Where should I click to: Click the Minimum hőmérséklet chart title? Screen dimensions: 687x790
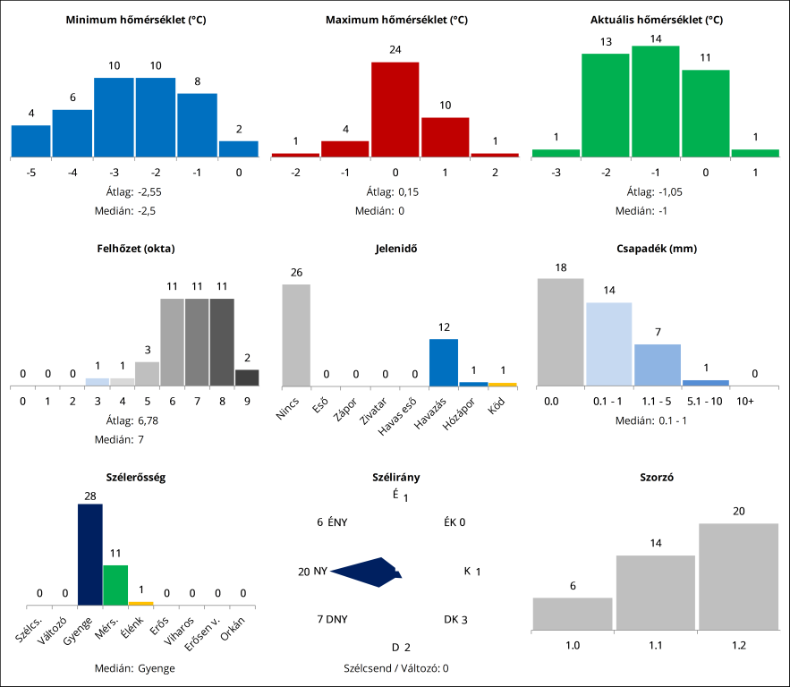[x=136, y=19]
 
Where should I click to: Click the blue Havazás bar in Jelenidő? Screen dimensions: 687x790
[x=444, y=362]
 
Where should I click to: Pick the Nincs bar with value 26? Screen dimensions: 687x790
[x=296, y=335]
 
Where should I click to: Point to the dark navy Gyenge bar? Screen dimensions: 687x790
[x=90, y=555]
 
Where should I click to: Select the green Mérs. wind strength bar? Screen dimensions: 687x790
[x=115, y=585]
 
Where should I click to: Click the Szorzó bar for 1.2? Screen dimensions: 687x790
[x=738, y=576]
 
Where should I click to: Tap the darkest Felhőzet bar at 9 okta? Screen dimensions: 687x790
[x=247, y=377]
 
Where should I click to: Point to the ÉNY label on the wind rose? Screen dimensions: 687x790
[x=338, y=522]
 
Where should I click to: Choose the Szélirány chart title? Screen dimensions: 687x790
[x=395, y=478]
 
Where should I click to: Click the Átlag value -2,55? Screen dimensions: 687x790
[x=149, y=191]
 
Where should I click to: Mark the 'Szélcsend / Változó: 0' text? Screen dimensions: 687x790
[x=395, y=668]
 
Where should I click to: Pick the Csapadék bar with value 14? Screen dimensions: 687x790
[x=608, y=344]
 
